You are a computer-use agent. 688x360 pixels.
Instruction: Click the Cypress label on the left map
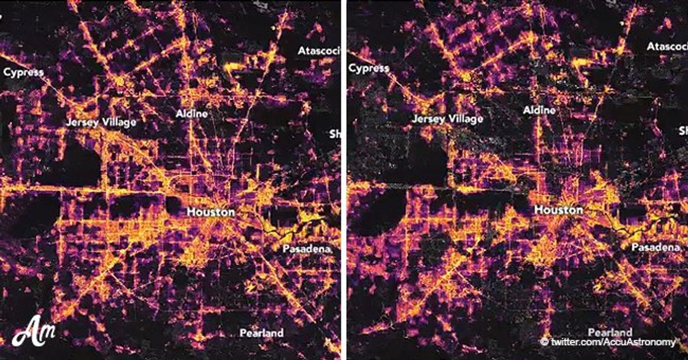point(24,72)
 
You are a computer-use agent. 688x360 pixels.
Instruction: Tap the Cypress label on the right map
point(369,68)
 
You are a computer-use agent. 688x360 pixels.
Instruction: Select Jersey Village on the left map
point(100,122)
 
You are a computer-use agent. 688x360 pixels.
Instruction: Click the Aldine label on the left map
point(192,114)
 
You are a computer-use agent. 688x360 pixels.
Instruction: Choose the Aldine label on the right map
point(540,110)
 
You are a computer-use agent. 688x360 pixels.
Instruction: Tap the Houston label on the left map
point(210,212)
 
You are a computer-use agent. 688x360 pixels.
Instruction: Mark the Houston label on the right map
point(558,210)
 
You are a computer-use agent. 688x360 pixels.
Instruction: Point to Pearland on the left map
point(261,332)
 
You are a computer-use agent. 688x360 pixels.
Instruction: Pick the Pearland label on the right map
point(610,332)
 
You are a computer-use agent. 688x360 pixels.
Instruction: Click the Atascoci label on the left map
point(319,51)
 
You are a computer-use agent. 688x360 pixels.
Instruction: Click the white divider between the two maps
point(344,180)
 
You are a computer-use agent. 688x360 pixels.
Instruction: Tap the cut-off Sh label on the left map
point(335,134)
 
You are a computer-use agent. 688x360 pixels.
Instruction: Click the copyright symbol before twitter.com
point(544,342)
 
